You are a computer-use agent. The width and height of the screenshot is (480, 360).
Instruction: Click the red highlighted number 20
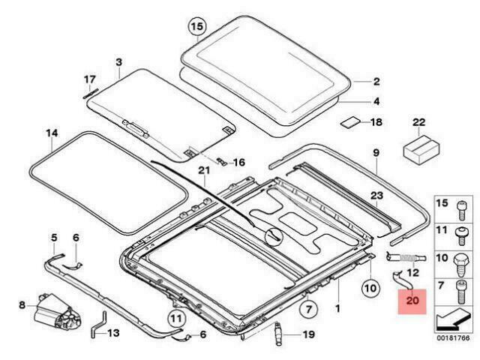pyautogui.click(x=412, y=301)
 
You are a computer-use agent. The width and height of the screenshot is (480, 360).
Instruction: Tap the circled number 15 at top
pyautogui.click(x=197, y=27)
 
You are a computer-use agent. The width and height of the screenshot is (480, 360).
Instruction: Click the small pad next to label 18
pyautogui.click(x=351, y=121)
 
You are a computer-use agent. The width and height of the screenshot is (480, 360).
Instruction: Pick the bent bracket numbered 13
pyautogui.click(x=97, y=324)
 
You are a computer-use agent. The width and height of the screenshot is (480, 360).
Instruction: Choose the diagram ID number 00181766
pyautogui.click(x=453, y=339)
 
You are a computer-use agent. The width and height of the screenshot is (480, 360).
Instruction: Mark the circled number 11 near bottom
pyautogui.click(x=176, y=319)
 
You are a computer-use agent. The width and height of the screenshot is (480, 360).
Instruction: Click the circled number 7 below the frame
pyautogui.click(x=308, y=309)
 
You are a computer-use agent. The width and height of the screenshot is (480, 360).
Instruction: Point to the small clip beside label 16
pyautogui.click(x=221, y=161)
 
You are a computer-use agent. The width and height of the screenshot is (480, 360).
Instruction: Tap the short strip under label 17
pyautogui.click(x=91, y=94)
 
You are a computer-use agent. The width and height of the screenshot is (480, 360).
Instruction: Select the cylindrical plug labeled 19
pyautogui.click(x=279, y=334)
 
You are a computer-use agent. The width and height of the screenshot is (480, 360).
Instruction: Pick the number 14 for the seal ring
pyautogui.click(x=52, y=133)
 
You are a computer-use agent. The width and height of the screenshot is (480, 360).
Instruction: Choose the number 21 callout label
pyautogui.click(x=204, y=170)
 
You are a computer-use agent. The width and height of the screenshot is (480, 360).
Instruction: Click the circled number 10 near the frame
pyautogui.click(x=370, y=288)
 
